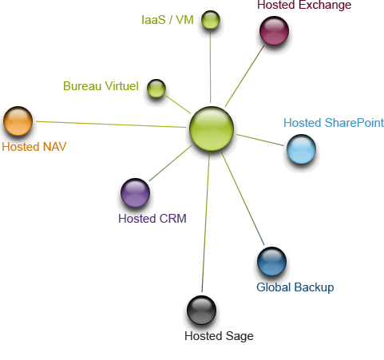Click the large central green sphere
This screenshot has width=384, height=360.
[212, 129]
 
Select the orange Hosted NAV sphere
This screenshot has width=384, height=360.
[18, 121]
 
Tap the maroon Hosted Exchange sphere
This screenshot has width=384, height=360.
[274, 30]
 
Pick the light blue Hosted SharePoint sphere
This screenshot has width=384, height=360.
[301, 149]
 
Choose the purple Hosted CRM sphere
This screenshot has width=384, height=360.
[135, 193]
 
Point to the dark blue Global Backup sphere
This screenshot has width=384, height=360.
[271, 261]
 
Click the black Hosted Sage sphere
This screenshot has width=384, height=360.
[201, 310]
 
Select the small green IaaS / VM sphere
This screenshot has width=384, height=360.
[211, 20]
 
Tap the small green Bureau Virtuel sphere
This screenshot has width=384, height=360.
[156, 88]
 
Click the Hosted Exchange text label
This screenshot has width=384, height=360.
[304, 5]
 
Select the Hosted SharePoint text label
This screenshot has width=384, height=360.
[334, 123]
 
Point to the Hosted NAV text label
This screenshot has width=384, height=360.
[34, 147]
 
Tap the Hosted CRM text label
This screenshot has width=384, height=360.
[152, 219]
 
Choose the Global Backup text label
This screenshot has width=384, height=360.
[295, 287]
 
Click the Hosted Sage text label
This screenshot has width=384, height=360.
[219, 336]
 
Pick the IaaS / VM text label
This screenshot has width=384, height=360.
[168, 20]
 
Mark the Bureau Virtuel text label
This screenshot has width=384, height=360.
[101, 86]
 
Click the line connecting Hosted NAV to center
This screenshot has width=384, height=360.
[111, 125]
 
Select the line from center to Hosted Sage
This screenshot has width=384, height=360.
[205, 223]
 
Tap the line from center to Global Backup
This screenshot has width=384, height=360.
[243, 199]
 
